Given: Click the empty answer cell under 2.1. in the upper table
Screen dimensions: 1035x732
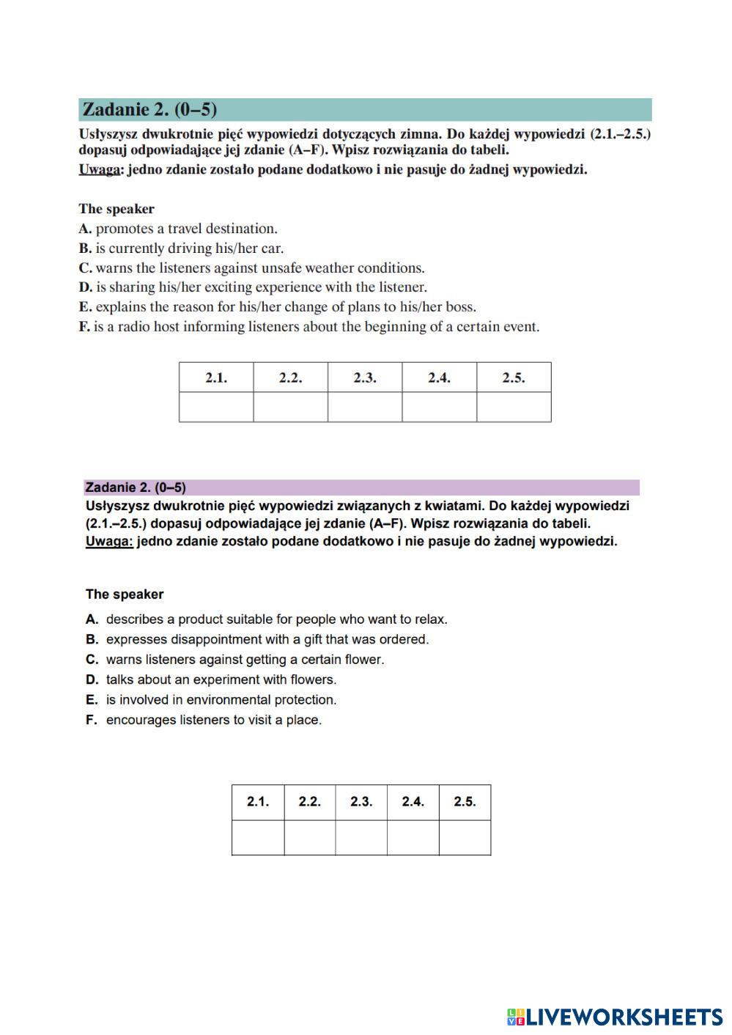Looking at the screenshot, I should coord(216,407).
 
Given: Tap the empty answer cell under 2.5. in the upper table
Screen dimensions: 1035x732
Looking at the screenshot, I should coord(514,407).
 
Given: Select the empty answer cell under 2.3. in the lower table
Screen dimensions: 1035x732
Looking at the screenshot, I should coord(361,837).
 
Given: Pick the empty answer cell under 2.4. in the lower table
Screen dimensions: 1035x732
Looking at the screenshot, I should coord(413,837).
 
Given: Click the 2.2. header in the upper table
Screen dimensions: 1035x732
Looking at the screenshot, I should coord(290,378).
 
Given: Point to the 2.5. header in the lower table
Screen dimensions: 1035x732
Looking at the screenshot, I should coord(465,802).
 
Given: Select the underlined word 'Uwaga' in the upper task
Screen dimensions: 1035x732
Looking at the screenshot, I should coord(99,170).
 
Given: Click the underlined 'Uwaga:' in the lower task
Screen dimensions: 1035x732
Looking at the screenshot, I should coord(109,542).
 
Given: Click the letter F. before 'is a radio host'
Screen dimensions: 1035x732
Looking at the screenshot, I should coord(84,327).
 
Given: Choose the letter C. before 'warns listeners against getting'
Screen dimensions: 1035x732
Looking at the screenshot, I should coord(92,660).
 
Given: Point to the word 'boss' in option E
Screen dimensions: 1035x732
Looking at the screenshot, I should coord(460,307).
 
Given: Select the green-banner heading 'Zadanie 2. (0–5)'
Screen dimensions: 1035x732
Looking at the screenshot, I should coord(149,110).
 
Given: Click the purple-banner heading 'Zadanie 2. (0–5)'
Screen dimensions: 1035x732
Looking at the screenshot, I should coord(136,487).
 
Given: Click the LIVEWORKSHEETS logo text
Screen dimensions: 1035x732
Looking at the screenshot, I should coord(624,1017).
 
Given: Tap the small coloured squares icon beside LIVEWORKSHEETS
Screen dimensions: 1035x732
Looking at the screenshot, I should coord(515,1017).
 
